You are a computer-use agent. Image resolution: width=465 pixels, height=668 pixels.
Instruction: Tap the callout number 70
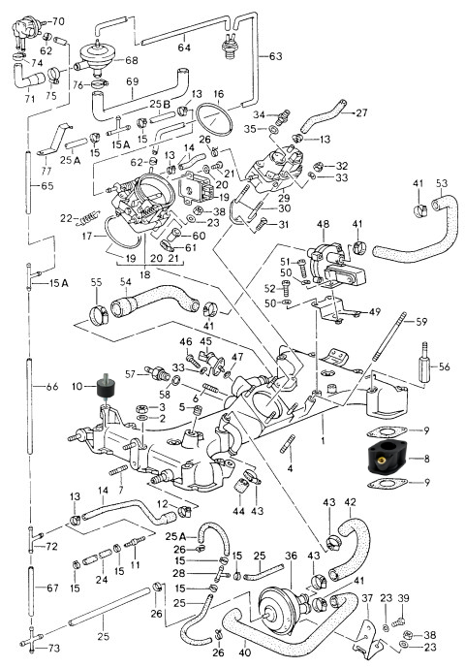click(x=58, y=21)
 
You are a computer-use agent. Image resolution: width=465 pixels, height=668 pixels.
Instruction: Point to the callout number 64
click(x=184, y=48)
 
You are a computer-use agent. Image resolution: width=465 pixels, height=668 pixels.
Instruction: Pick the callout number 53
click(x=442, y=183)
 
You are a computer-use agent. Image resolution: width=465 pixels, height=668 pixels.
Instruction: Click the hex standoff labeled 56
click(x=423, y=363)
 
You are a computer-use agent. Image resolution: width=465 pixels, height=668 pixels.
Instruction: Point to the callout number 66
click(x=52, y=387)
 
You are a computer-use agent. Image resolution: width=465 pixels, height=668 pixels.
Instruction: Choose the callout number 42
click(x=350, y=502)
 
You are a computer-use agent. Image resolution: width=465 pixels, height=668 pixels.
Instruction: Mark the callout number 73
click(x=54, y=649)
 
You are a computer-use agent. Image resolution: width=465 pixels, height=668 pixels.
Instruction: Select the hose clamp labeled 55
click(x=99, y=314)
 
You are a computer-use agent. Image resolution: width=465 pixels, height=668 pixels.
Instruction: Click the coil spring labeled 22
click(x=88, y=218)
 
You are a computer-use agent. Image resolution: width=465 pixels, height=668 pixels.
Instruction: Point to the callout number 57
click(x=131, y=374)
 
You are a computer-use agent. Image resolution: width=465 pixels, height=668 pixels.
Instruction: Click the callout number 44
click(x=238, y=510)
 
